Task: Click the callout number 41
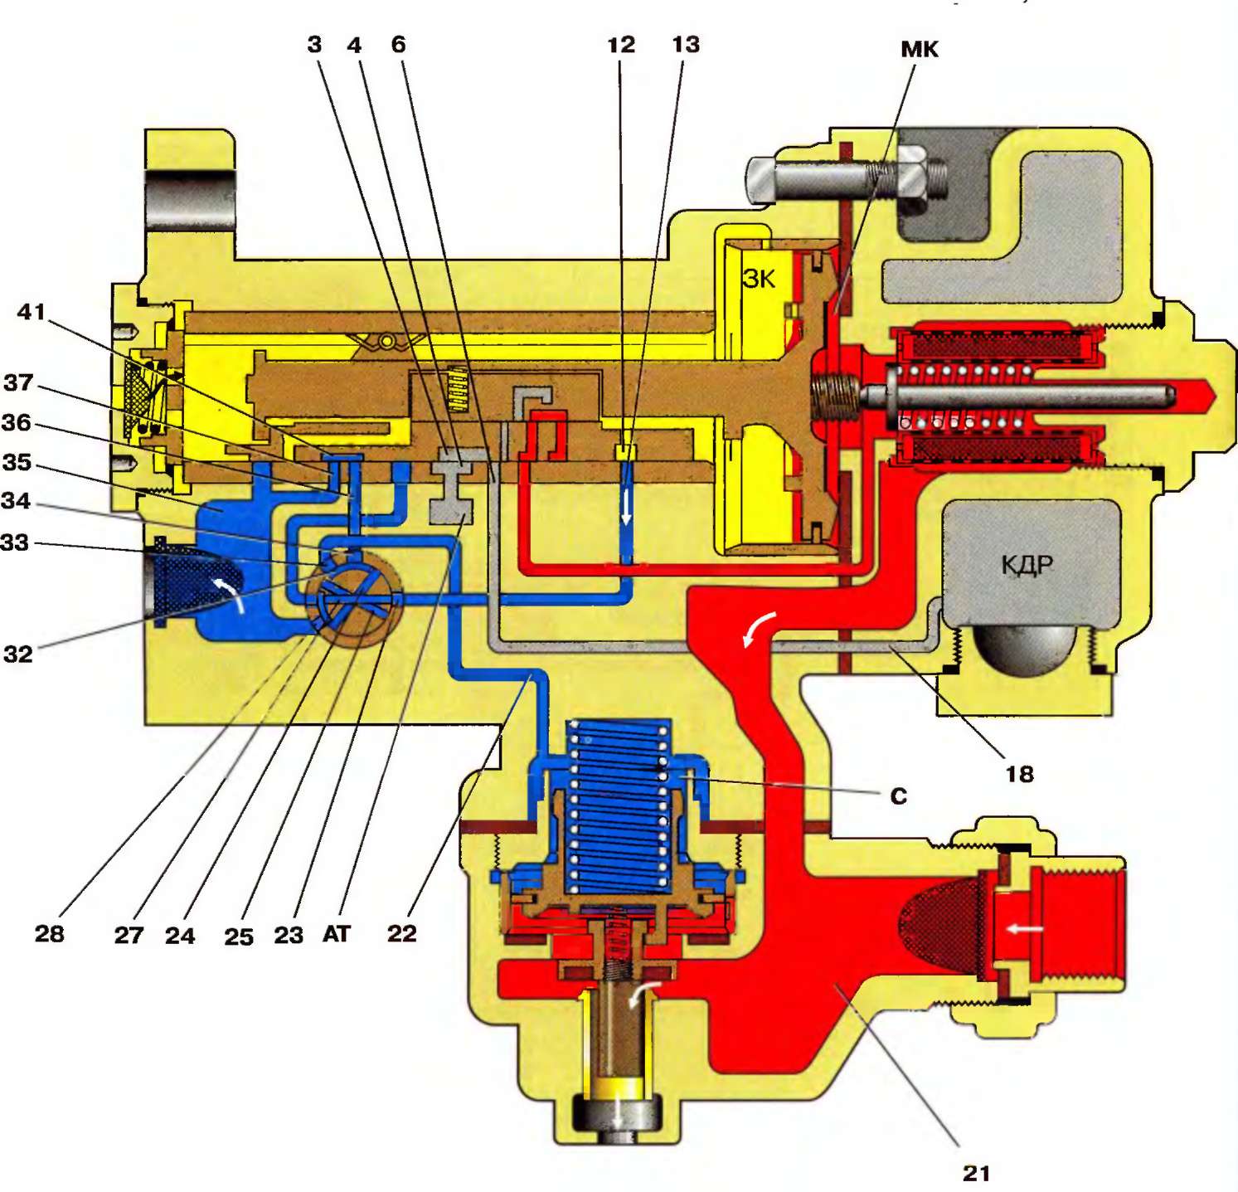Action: point(32,312)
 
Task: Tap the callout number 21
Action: point(976,1172)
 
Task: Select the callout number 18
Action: point(1019,774)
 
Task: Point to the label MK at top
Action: point(919,49)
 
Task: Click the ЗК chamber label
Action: point(759,279)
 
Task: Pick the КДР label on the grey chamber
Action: point(1027,566)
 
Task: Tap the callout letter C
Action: point(898,796)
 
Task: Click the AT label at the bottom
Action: point(336,934)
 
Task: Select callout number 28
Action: point(50,933)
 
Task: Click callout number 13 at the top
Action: point(686,44)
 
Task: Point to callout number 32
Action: point(18,654)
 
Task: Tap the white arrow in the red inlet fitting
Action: point(1025,929)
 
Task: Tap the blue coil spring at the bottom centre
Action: point(618,805)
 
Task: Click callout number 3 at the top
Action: point(314,44)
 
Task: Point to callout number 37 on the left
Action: point(18,382)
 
